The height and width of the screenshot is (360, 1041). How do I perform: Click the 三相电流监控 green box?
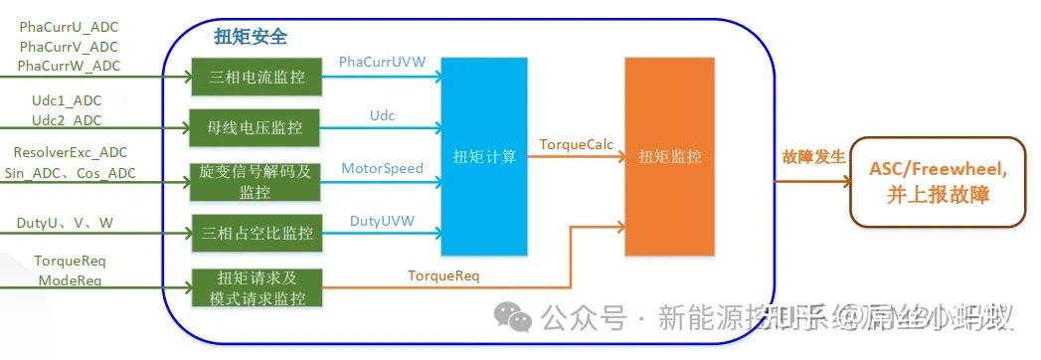[257, 77]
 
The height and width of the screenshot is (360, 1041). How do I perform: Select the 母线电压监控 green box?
[257, 127]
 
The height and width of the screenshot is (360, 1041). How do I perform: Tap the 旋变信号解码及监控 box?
[257, 181]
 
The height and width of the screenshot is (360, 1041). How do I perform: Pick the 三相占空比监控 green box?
[257, 234]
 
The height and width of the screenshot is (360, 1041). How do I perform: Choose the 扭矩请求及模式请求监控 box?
[257, 287]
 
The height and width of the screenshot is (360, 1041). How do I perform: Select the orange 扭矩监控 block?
[669, 156]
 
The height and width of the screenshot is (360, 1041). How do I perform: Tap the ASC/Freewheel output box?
[938, 182]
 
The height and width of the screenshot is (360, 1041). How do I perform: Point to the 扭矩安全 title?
[251, 37]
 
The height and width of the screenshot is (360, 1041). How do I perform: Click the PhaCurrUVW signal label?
[382, 62]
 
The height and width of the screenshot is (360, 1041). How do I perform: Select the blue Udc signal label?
[382, 115]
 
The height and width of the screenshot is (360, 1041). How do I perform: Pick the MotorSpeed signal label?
[382, 168]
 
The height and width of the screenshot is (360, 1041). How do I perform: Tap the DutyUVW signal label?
[382, 221]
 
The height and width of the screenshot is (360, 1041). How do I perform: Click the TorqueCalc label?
[577, 144]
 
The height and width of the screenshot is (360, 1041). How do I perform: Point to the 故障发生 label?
[813, 157]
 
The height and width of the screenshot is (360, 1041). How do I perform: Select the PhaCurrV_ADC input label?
[69, 47]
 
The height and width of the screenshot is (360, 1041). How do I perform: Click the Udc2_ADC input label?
[67, 120]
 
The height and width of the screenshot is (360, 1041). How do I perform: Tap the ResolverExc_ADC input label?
[70, 153]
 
